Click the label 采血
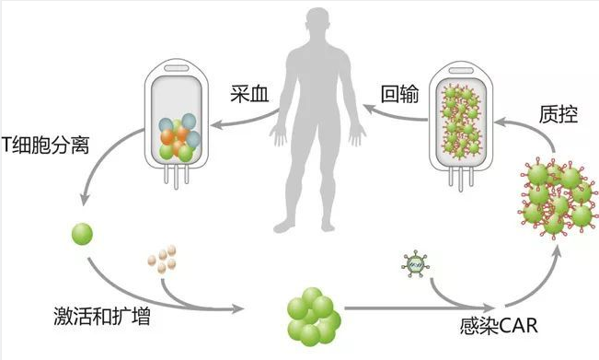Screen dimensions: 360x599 coord(249,92)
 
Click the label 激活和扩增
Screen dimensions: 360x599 coord(89,320)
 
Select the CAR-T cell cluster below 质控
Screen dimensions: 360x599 coord(558,197)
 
